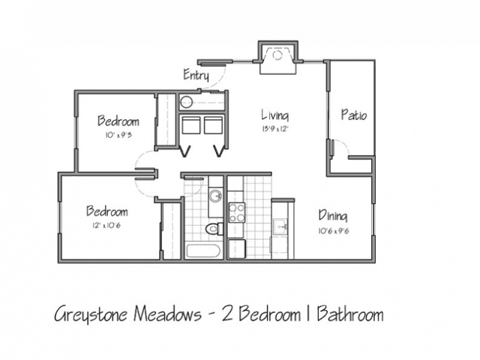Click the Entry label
(196, 75)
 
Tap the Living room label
(275, 115)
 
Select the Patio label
(354, 115)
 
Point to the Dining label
(333, 215)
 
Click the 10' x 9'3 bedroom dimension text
(118, 135)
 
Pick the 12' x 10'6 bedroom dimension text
(106, 226)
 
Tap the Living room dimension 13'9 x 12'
(275, 129)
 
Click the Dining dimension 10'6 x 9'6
(333, 231)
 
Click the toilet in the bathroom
(214, 229)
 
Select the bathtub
(203, 252)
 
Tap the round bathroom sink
(216, 196)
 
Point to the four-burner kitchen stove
(237, 212)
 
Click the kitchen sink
(280, 226)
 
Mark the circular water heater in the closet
(186, 102)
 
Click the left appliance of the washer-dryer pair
(191, 125)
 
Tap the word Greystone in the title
(90, 314)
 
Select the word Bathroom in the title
(350, 313)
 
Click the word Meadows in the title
(167, 313)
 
